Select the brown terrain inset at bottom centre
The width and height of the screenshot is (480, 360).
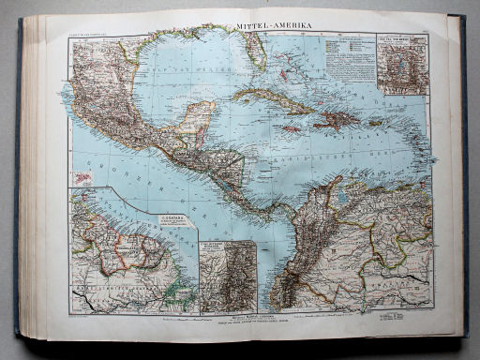pos(227,276)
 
